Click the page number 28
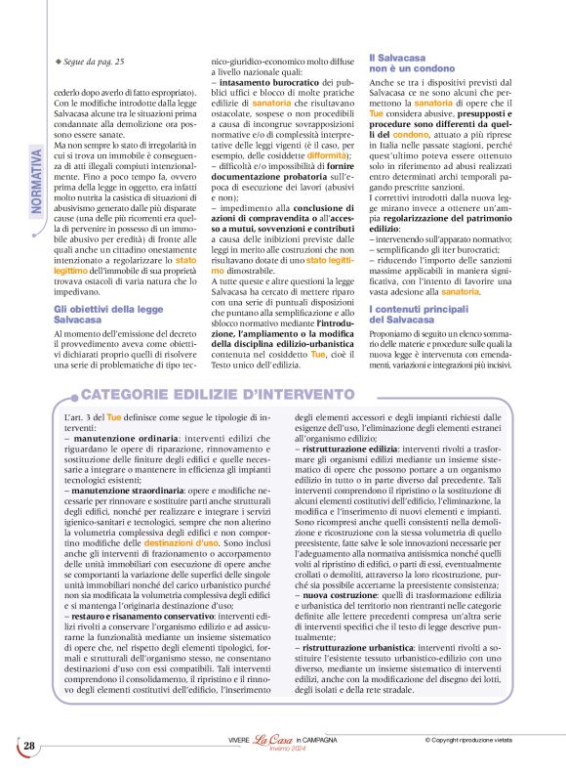(29, 746)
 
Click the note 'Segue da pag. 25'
(94, 62)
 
